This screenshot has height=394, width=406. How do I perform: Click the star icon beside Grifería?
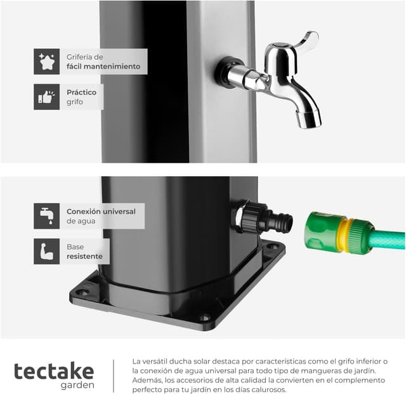pos(46,62)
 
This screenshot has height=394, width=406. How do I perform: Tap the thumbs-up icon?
pos(46,97)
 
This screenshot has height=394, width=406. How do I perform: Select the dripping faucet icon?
pos(46,216)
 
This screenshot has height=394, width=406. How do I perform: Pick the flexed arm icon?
pos(46,252)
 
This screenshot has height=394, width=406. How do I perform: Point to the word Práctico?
pos(82,92)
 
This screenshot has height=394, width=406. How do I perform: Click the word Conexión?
pos(83,212)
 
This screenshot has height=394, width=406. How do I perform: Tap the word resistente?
pos(84,256)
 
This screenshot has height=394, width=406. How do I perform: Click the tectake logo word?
pos(54,371)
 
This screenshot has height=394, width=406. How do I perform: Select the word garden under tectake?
pos(77,385)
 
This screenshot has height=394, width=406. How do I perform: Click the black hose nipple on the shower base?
pos(280,221)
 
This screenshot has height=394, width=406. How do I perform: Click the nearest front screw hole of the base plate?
pos(205,317)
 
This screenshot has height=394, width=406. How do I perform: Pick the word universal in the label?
pos(119,212)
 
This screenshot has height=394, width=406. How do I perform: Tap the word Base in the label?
pos(75,247)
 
